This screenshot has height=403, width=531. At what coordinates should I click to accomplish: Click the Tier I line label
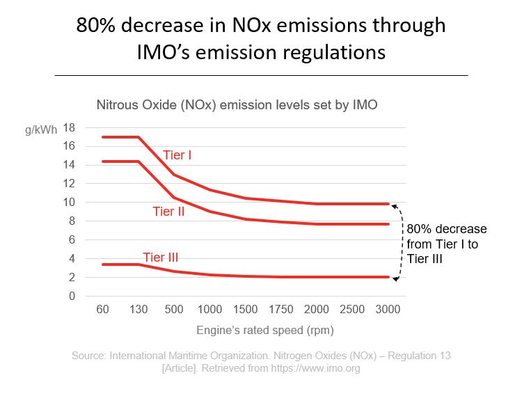tap(177, 155)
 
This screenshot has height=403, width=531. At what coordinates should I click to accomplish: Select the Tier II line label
tap(168, 212)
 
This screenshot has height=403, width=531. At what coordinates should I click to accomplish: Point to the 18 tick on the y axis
tap(69, 127)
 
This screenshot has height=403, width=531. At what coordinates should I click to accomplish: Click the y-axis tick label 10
tap(69, 203)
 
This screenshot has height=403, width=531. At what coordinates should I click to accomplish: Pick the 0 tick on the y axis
tap(72, 297)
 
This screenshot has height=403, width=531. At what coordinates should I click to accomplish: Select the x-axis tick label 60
tap(102, 309)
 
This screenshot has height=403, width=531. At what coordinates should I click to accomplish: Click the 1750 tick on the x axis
tap(281, 309)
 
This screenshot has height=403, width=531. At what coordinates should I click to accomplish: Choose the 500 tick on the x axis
tap(174, 309)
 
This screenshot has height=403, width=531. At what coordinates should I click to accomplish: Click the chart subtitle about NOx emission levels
tap(236, 106)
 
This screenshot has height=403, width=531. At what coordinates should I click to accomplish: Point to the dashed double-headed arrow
tap(397, 242)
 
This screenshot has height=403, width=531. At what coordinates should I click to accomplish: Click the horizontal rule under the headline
tap(261, 74)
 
